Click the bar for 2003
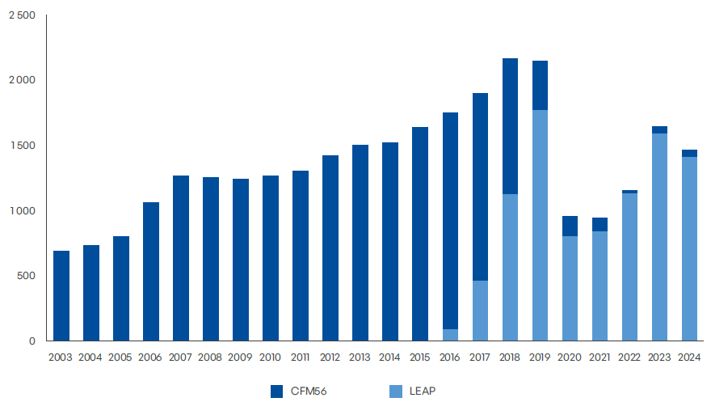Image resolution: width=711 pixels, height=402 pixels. (x=61, y=296)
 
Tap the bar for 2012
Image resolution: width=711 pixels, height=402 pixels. (x=330, y=248)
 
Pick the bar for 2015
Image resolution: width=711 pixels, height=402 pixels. (x=420, y=234)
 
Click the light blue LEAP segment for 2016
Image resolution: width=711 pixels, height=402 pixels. (x=450, y=335)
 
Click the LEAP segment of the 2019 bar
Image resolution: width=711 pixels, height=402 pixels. (x=540, y=226)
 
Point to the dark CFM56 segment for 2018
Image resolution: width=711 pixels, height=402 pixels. (x=510, y=126)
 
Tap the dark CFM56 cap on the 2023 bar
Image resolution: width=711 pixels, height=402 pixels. (x=659, y=129)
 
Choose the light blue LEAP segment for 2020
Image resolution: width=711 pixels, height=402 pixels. (x=570, y=289)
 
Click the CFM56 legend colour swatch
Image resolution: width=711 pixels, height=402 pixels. (x=276, y=391)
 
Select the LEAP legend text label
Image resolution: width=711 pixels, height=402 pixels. (x=420, y=391)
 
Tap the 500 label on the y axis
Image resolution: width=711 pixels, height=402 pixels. (x=27, y=276)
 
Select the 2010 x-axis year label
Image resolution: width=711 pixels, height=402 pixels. (x=271, y=357)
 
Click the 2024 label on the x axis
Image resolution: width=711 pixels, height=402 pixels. (x=689, y=357)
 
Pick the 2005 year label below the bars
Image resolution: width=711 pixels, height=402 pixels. (x=121, y=357)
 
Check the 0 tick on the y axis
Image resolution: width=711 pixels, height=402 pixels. (x=32, y=341)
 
